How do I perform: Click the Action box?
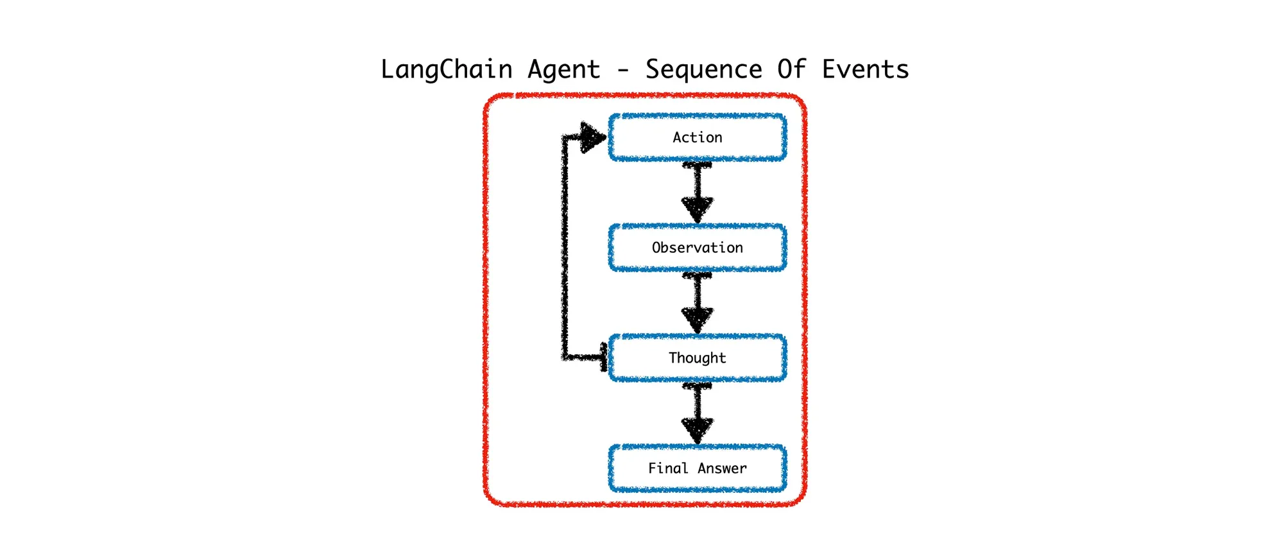click(697, 137)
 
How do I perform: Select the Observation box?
click(697, 248)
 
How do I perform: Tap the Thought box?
click(697, 358)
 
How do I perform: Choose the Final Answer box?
click(697, 468)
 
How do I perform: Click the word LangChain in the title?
click(446, 69)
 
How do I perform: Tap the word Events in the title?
click(865, 69)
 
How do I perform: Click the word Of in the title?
click(791, 69)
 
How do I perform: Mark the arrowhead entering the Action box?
click(592, 137)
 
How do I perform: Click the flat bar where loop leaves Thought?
click(603, 357)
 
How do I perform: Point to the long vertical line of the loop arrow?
click(565, 247)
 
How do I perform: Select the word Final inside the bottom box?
click(667, 468)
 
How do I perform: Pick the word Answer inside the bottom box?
click(722, 468)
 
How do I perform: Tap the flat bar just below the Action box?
click(697, 166)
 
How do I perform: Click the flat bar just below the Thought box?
click(697, 386)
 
